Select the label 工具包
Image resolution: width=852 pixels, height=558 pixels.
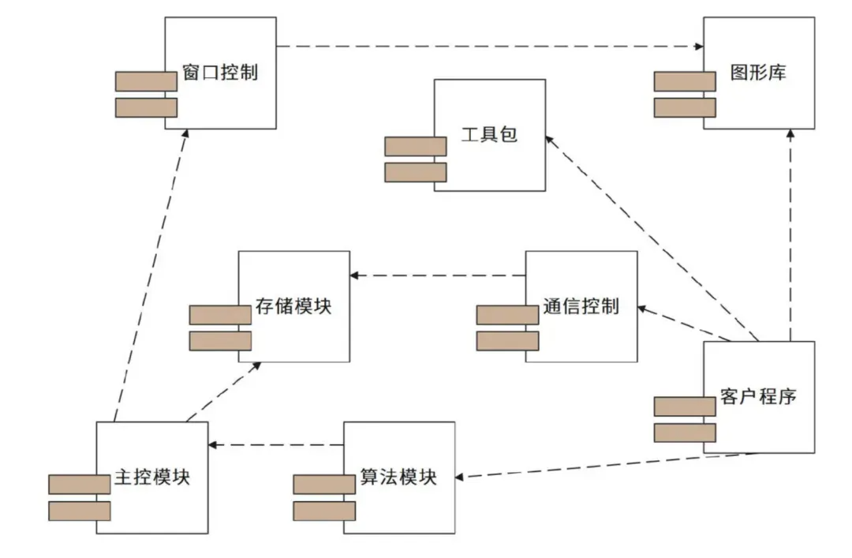pos(489,135)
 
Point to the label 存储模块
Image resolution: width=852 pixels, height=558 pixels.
pos(293,306)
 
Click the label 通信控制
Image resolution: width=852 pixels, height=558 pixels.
pos(581,306)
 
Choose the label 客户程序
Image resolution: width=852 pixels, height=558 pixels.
pos(758,396)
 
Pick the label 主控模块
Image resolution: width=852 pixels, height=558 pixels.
pos(151,477)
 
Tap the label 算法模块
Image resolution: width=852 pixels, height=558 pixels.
pos(398,477)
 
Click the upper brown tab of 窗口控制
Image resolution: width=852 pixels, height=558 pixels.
pos(146,81)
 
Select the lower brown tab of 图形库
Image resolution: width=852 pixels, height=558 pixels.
pos(685,107)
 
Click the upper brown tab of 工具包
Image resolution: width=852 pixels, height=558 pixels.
pos(416,146)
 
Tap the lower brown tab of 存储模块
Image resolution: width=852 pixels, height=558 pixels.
pos(220,341)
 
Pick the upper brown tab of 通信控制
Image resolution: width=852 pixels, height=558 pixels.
pos(507,315)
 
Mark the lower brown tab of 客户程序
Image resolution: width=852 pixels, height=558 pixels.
pos(685,433)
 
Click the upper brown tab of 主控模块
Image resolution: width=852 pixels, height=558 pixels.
pos(79,485)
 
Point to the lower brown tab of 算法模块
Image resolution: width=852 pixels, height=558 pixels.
pos(324,511)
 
